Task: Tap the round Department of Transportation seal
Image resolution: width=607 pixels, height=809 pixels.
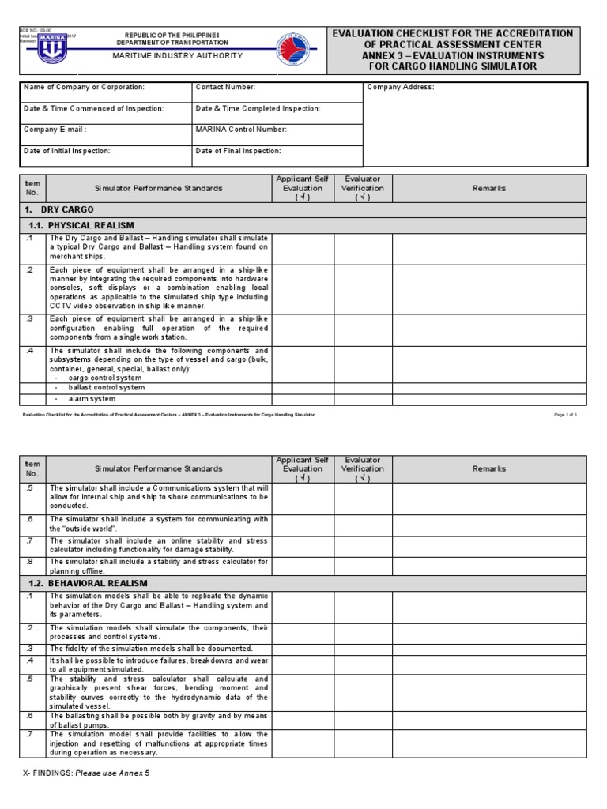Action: click(293, 48)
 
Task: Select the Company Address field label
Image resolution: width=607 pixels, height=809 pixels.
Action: click(399, 87)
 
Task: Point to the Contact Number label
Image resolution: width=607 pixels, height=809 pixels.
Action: click(225, 87)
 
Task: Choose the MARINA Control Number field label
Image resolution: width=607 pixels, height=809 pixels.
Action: click(240, 129)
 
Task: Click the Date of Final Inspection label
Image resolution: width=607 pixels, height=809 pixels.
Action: click(238, 150)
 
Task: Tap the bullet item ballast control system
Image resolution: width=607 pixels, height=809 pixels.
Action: click(107, 388)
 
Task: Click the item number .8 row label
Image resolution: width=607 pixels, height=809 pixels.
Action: click(29, 562)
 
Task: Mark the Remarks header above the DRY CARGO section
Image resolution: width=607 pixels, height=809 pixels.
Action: click(489, 188)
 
